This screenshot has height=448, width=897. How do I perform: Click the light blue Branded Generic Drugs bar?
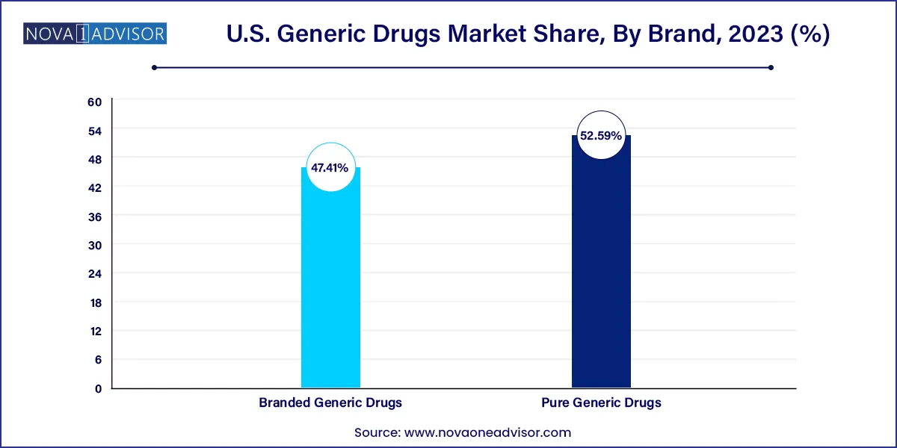click(330, 291)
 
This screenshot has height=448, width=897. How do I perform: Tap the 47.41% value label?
click(330, 168)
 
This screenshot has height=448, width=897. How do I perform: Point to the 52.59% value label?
click(601, 137)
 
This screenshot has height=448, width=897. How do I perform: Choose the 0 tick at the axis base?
click(98, 388)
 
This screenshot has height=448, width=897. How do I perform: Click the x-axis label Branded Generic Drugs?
click(330, 402)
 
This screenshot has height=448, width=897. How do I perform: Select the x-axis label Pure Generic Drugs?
click(601, 402)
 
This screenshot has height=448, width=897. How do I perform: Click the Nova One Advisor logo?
click(95, 34)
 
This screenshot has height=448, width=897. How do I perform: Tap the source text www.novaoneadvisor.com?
click(487, 432)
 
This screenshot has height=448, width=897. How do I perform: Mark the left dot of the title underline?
click(154, 67)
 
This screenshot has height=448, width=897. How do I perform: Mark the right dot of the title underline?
click(771, 67)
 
